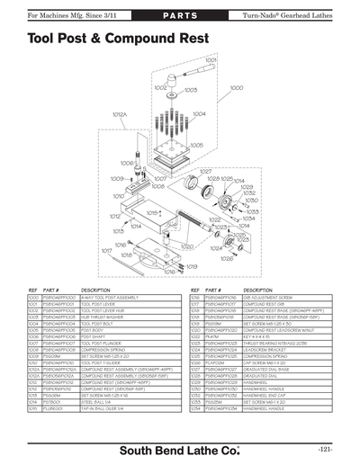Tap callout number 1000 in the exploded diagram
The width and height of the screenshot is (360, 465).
(236, 88)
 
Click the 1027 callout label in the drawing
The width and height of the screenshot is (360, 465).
(204, 171)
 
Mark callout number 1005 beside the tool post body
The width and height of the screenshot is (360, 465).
(195, 145)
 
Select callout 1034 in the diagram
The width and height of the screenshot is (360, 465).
(248, 218)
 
